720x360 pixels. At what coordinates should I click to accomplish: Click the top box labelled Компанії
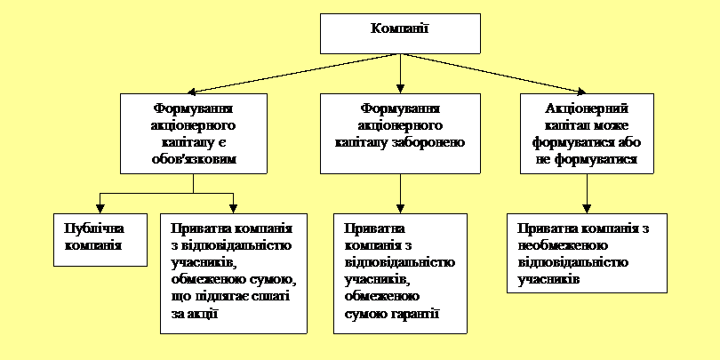[400, 34]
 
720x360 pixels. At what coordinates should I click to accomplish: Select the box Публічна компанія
[100, 240]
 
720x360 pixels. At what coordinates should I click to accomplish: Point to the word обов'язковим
[193, 160]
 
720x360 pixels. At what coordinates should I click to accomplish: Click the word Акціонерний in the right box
[587, 109]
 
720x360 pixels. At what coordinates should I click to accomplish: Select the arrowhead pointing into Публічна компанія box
[100, 210]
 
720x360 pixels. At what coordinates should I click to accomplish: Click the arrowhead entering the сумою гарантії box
[400, 210]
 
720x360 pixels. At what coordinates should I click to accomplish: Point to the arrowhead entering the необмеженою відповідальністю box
[587, 210]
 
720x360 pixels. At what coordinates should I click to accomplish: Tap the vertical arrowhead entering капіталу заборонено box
[400, 89]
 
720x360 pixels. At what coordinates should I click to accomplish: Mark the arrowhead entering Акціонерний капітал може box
[581, 92]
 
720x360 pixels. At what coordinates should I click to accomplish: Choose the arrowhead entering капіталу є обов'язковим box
[192, 92]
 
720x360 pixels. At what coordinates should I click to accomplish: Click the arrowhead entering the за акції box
[233, 210]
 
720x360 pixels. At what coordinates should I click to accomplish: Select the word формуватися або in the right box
[587, 143]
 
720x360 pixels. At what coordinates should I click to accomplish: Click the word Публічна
[94, 229]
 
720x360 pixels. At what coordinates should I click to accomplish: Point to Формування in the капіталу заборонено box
[400, 109]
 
